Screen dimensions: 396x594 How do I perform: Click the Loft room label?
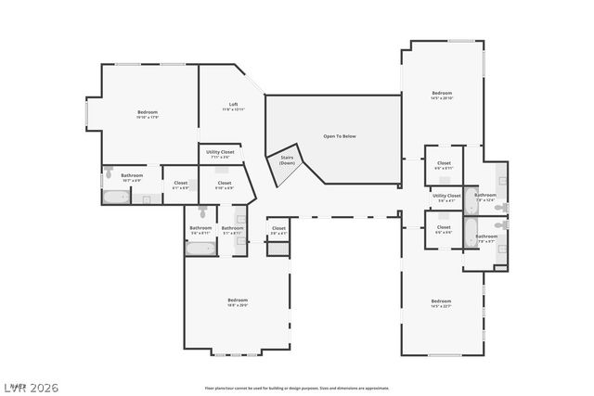click(233, 107)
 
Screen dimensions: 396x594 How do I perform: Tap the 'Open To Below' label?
click(339, 136)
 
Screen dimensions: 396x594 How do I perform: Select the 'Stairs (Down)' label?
click(287, 160)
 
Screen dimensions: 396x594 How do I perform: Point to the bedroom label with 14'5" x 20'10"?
click(441, 96)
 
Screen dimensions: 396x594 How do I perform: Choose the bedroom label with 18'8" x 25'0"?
click(238, 302)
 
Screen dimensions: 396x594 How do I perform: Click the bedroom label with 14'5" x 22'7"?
click(441, 303)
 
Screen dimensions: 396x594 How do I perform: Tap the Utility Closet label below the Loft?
click(220, 153)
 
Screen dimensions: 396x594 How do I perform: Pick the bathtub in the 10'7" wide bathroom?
click(116, 197)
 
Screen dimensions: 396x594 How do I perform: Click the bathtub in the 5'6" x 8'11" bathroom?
click(200, 248)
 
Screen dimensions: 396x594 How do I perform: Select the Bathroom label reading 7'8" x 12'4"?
click(485, 197)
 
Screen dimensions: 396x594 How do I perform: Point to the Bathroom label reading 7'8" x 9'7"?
click(486, 238)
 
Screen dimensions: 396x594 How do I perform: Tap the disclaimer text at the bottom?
click(297, 387)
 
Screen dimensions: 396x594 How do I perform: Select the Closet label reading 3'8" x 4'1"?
click(278, 230)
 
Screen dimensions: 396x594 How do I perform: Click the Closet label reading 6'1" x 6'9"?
click(180, 185)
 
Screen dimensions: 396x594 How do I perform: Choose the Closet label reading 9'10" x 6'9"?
click(225, 185)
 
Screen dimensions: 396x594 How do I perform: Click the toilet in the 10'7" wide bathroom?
click(110, 172)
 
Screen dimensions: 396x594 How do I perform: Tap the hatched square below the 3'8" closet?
click(278, 249)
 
